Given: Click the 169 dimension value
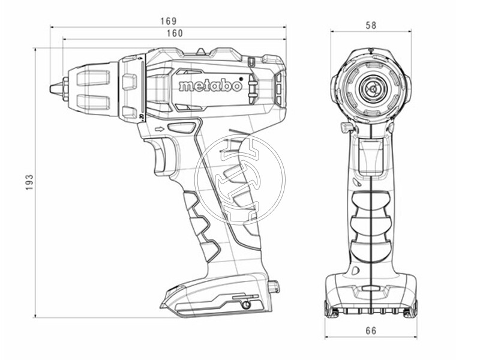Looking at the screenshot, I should (168, 21).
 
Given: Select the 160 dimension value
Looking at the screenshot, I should (175, 34).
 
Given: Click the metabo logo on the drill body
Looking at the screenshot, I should (209, 86).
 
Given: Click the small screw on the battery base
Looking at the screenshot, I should (246, 304).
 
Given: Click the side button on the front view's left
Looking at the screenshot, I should (345, 128).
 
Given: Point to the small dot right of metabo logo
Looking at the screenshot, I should (241, 78).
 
